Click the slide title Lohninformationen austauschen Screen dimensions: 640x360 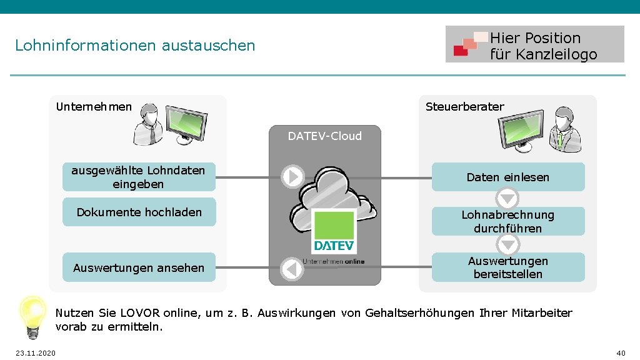click(x=135, y=46)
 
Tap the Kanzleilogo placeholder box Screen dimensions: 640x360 click(x=534, y=44)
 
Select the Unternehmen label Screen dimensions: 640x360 click(x=94, y=106)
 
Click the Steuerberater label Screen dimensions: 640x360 click(x=464, y=106)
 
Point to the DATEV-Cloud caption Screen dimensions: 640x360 click(x=324, y=136)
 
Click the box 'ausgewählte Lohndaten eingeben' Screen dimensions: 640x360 click(x=139, y=177)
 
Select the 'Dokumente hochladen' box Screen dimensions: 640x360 click(x=139, y=212)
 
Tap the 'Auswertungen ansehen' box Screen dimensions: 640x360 click(x=139, y=267)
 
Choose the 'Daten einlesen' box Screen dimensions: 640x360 click(x=507, y=177)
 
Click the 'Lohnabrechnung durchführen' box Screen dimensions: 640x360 click(x=507, y=221)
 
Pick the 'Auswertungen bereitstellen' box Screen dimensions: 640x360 click(x=507, y=267)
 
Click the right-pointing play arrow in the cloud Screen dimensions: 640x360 click(x=292, y=177)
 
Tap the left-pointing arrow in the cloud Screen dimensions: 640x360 click(x=291, y=269)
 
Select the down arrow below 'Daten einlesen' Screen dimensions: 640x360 click(x=507, y=199)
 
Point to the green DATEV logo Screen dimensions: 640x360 click(x=333, y=231)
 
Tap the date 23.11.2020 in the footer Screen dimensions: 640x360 click(x=35, y=354)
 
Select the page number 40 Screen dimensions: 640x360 click(x=621, y=353)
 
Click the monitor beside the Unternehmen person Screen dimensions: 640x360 click(x=185, y=122)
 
